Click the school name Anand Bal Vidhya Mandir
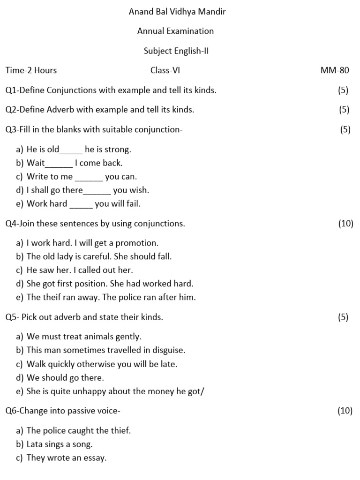pos(177,12)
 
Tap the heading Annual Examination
pos(175,31)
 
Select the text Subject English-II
pos(176,51)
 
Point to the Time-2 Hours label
pos(31,71)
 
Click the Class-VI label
pos(165,71)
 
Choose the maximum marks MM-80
pos(335,71)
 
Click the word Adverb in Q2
pos(60,110)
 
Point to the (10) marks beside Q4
pos(345,224)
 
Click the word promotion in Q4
pos(140,243)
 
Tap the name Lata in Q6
pos(35,444)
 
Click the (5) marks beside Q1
pos(343,90)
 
